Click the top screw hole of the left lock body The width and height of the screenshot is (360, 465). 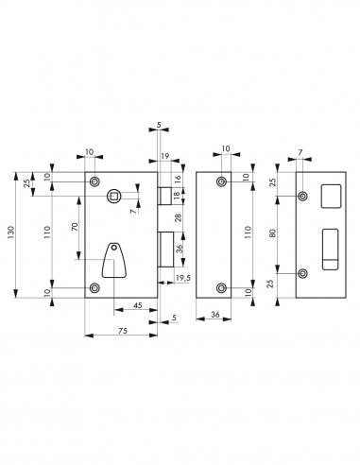click(x=93, y=181)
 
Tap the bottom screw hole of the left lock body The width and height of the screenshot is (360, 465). click(x=93, y=287)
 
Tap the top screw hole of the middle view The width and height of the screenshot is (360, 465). click(x=221, y=181)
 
